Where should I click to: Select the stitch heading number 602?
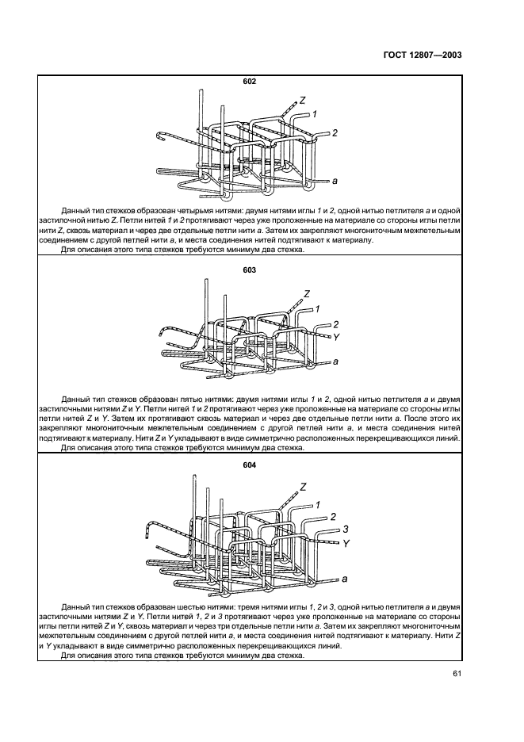click(250, 81)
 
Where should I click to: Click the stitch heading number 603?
click(250, 270)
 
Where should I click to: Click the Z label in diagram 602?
click(302, 101)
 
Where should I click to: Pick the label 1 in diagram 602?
click(315, 115)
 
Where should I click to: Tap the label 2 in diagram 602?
click(335, 132)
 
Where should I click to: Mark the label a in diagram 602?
click(335, 181)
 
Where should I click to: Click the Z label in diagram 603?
click(305, 294)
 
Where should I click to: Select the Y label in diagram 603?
click(337, 336)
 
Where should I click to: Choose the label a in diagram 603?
click(336, 361)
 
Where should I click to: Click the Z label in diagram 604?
click(303, 486)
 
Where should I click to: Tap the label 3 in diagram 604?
click(346, 528)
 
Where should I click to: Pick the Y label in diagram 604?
click(346, 544)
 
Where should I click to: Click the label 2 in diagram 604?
click(333, 515)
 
